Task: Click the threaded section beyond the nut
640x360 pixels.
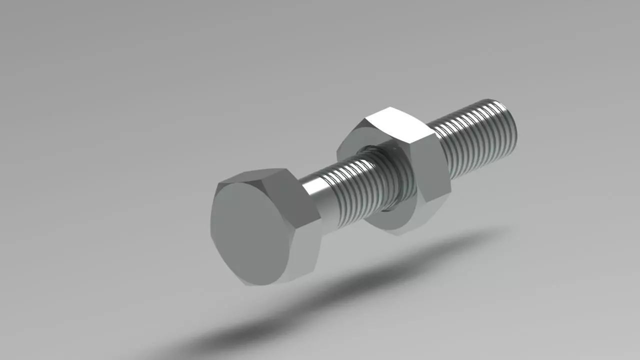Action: click(x=475, y=137)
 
